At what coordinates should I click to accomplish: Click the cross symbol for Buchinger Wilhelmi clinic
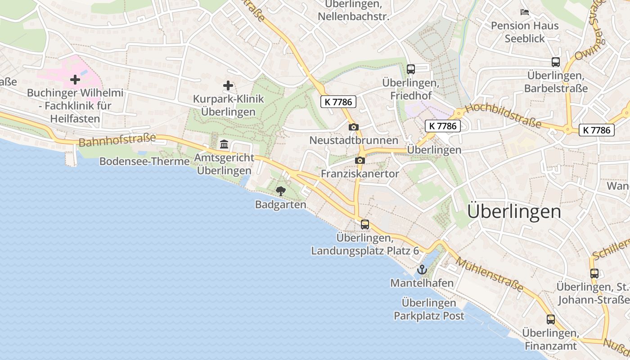[75, 80]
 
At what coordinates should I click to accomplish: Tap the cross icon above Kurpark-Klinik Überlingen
[228, 85]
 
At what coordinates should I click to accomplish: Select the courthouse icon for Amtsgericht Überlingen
[224, 144]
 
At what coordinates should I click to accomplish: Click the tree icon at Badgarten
[281, 191]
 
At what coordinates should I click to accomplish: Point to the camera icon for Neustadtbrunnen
[354, 127]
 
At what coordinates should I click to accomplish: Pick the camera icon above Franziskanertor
[360, 160]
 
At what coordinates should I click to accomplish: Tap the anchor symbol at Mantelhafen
[422, 270]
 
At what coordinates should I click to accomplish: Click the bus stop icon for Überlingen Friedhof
[410, 69]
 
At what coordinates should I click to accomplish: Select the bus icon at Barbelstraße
[556, 62]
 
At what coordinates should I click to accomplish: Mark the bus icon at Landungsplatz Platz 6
[365, 224]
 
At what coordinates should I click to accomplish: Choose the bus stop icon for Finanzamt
[551, 319]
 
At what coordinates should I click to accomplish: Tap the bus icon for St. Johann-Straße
[594, 273]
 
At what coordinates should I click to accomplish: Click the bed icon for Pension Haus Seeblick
[525, 12]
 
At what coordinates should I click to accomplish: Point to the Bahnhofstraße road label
[117, 140]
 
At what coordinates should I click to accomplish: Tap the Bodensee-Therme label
[144, 161]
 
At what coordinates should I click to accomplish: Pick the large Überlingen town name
[514, 211]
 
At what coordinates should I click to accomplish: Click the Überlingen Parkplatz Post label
[429, 309]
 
